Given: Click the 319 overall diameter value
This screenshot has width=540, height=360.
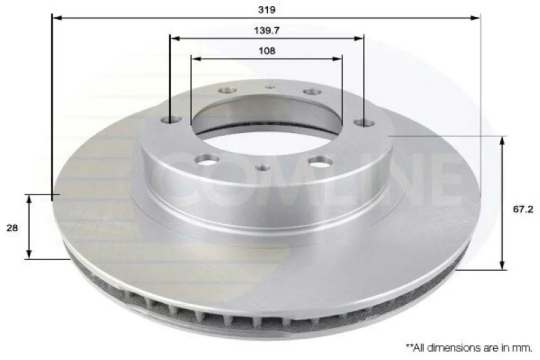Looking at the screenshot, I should click(x=267, y=10).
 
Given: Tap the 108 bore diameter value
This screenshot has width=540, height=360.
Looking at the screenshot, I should click(x=267, y=50).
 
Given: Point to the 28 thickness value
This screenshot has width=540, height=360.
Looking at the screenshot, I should click(x=12, y=228).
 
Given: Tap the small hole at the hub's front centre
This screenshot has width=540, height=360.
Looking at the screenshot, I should click(x=263, y=168).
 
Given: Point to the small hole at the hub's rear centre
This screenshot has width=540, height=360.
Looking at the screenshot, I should click(x=270, y=86).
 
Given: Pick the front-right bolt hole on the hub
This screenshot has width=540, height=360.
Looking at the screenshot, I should click(x=321, y=161).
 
